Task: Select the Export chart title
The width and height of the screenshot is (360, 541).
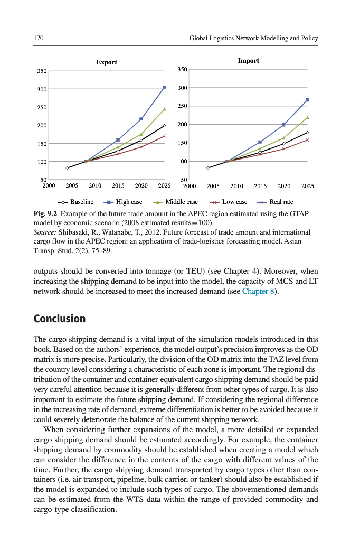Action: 107,62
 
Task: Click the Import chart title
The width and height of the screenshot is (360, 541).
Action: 248,61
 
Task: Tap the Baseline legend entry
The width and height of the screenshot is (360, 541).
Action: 77,202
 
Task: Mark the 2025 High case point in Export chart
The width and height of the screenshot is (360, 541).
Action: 164,87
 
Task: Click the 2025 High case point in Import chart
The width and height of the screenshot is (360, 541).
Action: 307,100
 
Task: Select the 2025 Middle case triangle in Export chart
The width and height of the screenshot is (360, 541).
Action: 164,109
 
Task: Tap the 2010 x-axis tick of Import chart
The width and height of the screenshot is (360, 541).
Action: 236,186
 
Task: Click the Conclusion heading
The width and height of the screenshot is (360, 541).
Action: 59,319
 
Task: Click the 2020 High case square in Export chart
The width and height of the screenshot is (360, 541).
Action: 141,119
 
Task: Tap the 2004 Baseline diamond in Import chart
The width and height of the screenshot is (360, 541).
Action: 208,167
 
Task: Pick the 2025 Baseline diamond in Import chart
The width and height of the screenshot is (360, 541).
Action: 307,133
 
